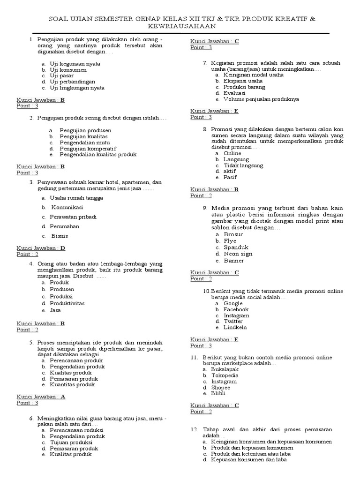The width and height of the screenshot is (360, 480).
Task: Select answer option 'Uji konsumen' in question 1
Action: [x=68, y=70]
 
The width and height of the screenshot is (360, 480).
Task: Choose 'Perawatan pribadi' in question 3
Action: [x=74, y=217]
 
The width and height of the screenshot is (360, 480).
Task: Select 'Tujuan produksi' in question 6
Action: [x=71, y=442]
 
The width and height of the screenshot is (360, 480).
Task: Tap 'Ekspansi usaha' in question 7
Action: [x=243, y=81]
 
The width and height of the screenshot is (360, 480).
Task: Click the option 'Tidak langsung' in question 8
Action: [x=243, y=165]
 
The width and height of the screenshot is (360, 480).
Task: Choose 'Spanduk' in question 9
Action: [x=235, y=247]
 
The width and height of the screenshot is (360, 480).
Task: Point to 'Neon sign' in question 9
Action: [x=238, y=254]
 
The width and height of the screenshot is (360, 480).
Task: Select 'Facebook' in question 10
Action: [x=236, y=309]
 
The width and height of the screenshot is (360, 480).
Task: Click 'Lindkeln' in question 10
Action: [x=235, y=327]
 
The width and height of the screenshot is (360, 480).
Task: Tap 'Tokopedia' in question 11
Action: [x=225, y=375]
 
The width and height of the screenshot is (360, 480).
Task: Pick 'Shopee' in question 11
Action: [x=220, y=388]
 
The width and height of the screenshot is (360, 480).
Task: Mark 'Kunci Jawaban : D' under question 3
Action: [x=41, y=248]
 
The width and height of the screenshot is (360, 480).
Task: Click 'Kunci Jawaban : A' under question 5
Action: [x=41, y=397]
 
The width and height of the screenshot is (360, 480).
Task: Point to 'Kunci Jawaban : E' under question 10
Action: [x=214, y=339]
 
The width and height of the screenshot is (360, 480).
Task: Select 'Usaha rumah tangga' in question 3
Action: [x=76, y=198]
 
